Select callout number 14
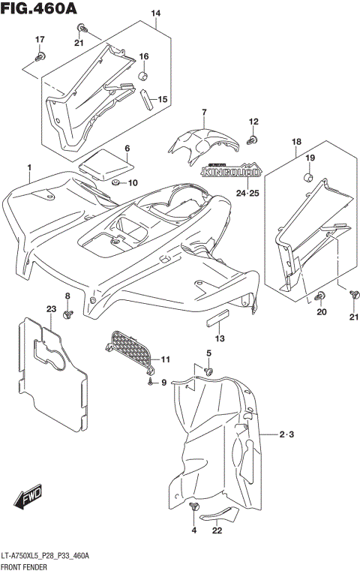coord(156,14)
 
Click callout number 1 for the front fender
coord(29,166)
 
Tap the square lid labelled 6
coord(105,163)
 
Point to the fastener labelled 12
coord(253,140)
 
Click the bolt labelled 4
coord(196,509)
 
